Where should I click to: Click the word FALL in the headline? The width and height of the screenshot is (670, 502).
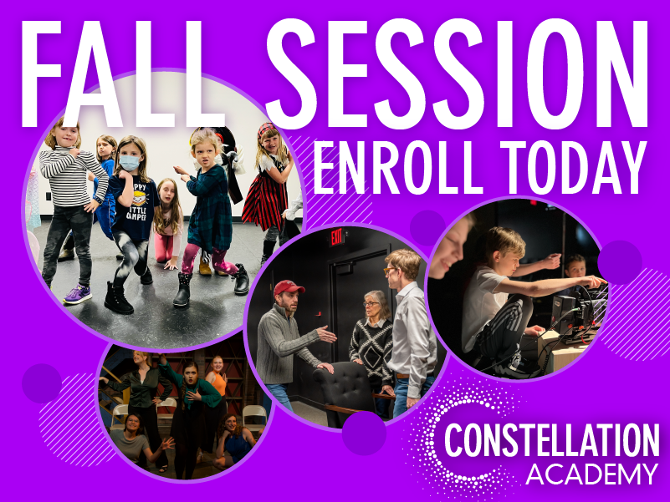pyautogui.click(x=123, y=74)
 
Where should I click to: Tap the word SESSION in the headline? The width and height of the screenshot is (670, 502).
pyautogui.click(x=458, y=74)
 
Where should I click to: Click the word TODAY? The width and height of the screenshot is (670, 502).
pyautogui.click(x=573, y=167)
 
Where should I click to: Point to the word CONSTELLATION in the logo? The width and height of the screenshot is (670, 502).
pyautogui.click(x=551, y=439)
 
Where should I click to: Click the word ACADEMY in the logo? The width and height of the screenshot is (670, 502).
pyautogui.click(x=591, y=474)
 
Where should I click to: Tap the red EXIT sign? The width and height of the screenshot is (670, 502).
pyautogui.click(x=336, y=237)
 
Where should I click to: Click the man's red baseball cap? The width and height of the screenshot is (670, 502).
pyautogui.click(x=289, y=287)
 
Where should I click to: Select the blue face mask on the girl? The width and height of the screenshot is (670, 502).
pyautogui.click(x=130, y=162)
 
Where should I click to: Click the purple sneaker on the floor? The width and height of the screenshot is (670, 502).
pyautogui.click(x=77, y=295)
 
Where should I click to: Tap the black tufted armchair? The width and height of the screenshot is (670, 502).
pyautogui.click(x=347, y=391)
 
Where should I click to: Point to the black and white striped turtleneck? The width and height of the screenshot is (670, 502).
pyautogui.click(x=71, y=175)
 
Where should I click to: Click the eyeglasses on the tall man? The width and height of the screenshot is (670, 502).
pyautogui.click(x=389, y=270)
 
